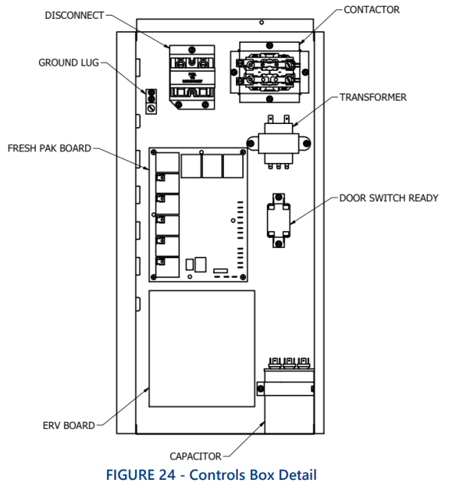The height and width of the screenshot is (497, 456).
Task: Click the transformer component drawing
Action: (x=279, y=142)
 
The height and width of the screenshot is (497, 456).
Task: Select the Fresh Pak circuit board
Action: (x=198, y=214)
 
